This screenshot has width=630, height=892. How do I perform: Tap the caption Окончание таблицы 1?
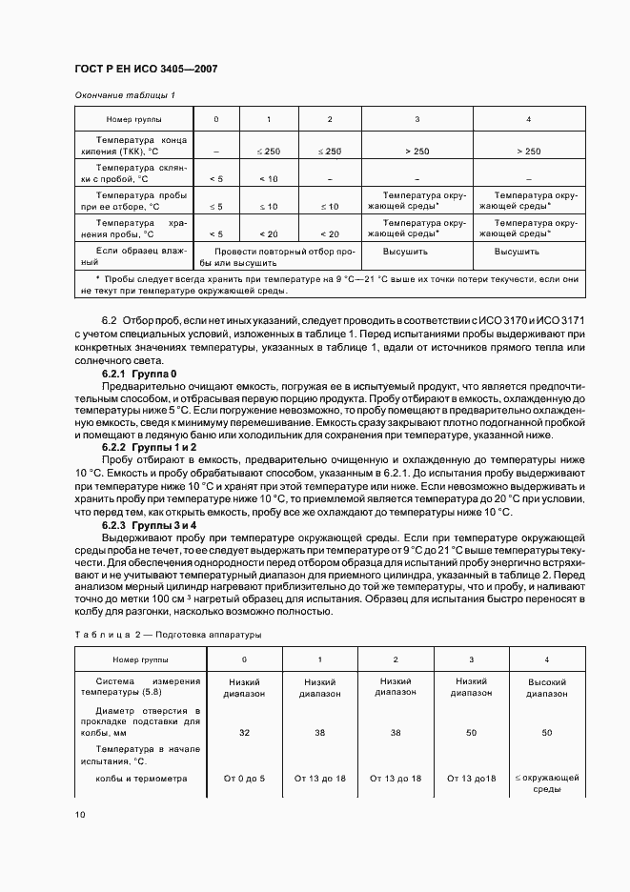125,95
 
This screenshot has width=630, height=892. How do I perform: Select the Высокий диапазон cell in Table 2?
547,687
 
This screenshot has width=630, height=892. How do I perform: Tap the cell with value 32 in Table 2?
244,732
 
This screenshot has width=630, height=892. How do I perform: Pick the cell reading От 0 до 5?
244,779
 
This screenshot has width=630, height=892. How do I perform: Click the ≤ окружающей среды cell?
547,783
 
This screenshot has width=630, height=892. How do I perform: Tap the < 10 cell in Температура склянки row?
269,178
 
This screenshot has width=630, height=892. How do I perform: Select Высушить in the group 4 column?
517,252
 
